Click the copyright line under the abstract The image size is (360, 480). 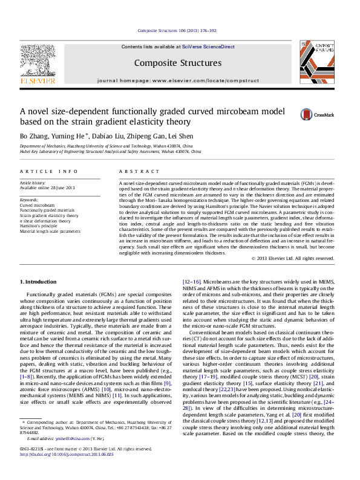point(292,258)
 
